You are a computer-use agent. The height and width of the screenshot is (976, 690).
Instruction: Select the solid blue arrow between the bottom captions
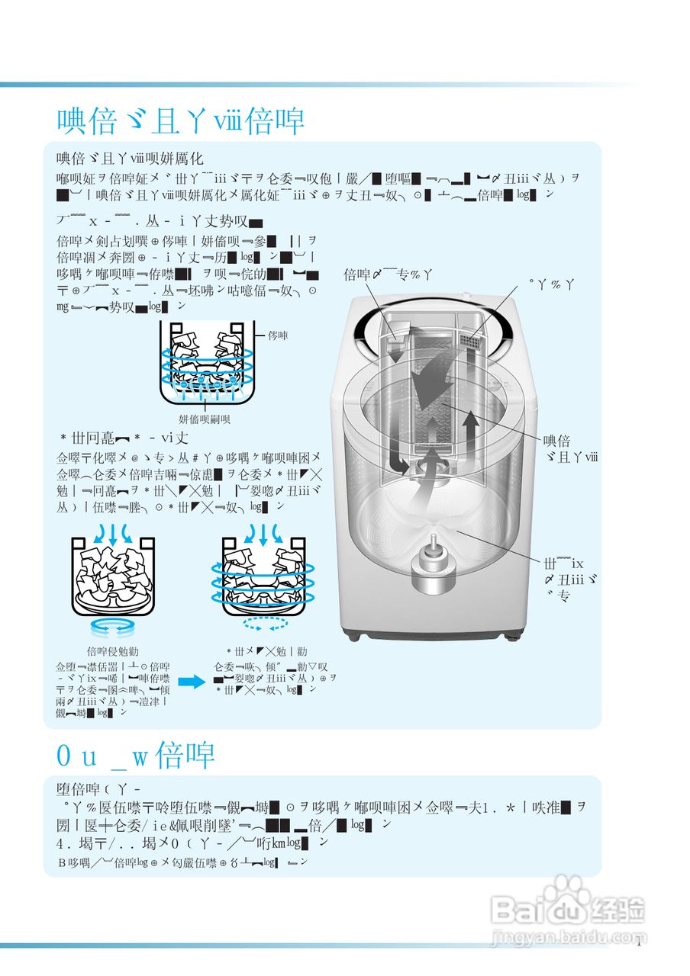tap(191, 682)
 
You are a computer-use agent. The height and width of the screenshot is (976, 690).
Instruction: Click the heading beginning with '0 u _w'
tap(136, 756)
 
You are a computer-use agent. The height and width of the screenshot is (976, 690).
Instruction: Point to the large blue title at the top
tap(181, 121)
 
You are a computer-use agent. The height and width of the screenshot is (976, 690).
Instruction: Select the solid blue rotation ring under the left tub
tap(112, 628)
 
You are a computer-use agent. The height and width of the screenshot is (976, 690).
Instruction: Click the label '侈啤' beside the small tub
tap(279, 335)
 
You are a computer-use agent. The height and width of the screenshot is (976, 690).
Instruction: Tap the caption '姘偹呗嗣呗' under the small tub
tap(205, 419)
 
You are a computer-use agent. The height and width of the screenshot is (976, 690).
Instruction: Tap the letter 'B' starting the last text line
tap(63, 862)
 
